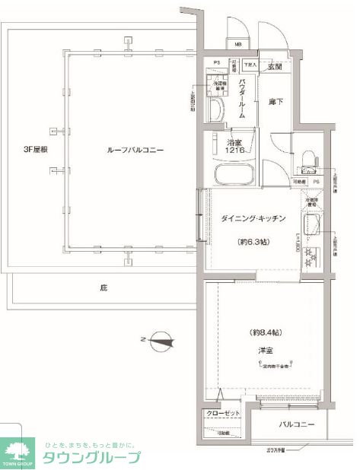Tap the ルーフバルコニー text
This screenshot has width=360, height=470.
[135, 150]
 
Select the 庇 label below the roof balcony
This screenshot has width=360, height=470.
[102, 288]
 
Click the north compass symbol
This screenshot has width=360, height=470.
[160, 339]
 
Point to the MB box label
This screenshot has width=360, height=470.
[237, 44]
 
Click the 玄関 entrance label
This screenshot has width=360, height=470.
[274, 68]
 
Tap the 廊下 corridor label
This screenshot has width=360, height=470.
[275, 101]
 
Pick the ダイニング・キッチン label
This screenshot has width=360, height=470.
[253, 219]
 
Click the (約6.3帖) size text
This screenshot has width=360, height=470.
[253, 243]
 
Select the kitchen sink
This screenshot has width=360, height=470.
[311, 226]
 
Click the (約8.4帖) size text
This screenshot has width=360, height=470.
[266, 333]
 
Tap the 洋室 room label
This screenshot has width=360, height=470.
[265, 351]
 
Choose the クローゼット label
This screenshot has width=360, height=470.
[220, 414]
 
